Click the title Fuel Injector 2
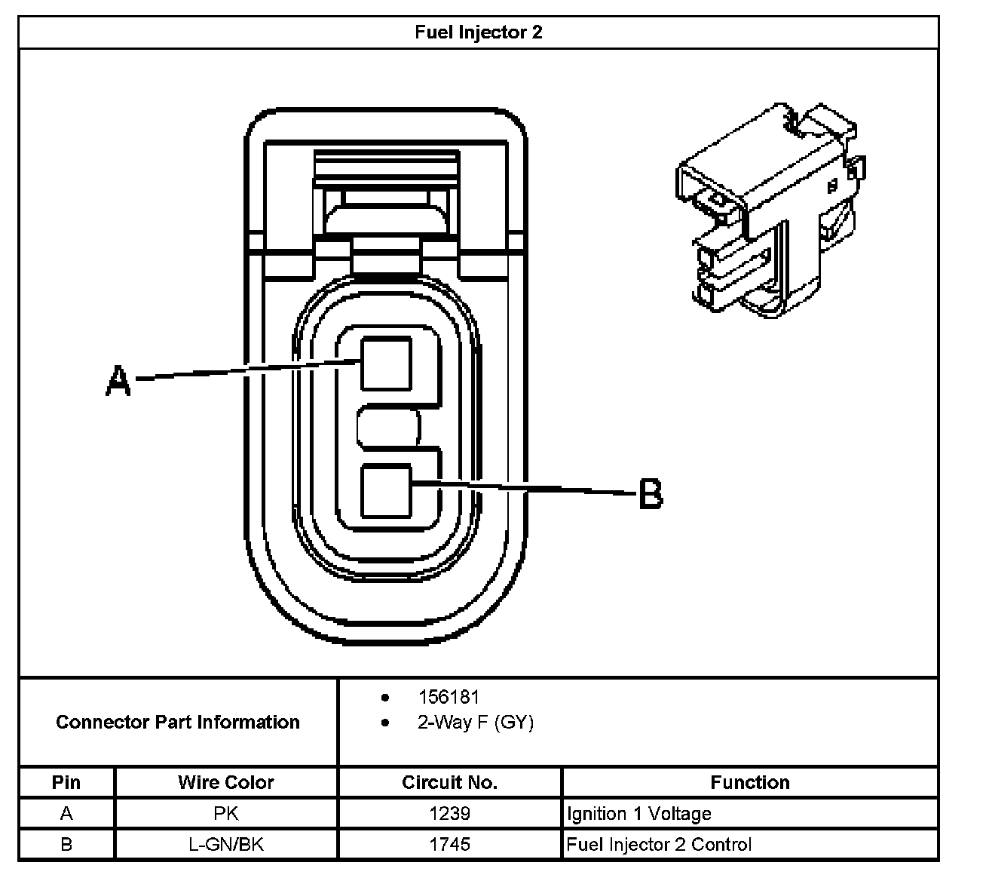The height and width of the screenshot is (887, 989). (478, 32)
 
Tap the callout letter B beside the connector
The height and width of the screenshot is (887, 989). (651, 494)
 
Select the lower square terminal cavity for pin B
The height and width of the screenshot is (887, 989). (386, 491)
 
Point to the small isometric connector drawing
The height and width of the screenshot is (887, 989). (769, 211)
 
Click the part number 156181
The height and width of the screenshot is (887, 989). (449, 697)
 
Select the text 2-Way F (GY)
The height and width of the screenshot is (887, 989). (476, 723)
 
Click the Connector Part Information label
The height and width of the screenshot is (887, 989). (178, 722)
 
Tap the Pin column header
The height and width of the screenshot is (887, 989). (66, 782)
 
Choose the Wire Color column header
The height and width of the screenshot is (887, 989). (225, 782)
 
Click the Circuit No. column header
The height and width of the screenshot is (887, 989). (449, 782)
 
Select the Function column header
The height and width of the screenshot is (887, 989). (749, 782)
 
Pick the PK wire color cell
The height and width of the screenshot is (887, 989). (225, 813)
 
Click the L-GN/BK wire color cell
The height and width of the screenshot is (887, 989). (225, 844)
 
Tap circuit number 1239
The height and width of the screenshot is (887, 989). (449, 813)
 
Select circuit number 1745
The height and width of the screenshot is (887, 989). (449, 844)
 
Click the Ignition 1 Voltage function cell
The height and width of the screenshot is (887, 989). (638, 813)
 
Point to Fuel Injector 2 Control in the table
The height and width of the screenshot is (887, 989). (659, 844)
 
